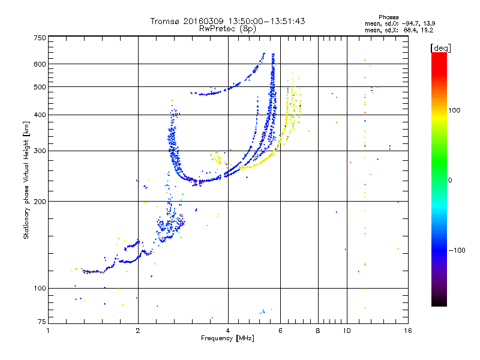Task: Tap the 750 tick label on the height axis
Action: click(x=40, y=38)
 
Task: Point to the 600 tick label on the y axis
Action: click(x=40, y=64)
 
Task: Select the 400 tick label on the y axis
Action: click(x=40, y=115)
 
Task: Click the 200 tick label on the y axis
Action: click(x=40, y=201)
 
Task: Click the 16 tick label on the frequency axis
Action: click(x=407, y=331)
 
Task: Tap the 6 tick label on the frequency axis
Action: click(x=281, y=331)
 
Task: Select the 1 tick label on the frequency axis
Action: click(x=49, y=331)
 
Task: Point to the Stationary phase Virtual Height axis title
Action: click(x=26, y=180)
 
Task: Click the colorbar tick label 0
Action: click(x=450, y=180)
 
